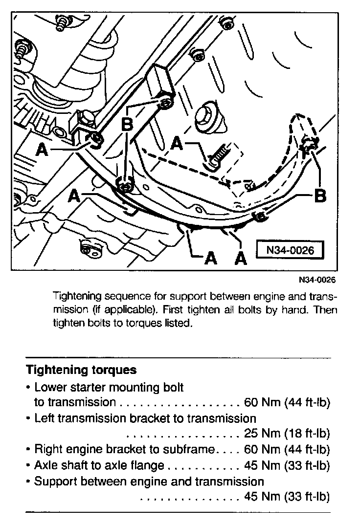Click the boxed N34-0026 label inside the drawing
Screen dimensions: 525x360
290,250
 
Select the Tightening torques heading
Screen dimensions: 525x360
81,370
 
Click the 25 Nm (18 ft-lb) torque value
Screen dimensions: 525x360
287,434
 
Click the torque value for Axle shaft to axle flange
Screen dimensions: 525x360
287,465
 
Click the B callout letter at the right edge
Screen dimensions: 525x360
319,197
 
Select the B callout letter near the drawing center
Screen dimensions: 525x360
127,125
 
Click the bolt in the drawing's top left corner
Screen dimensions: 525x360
62,23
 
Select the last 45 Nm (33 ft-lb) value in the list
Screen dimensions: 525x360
287,497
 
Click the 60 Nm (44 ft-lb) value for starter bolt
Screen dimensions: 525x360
287,403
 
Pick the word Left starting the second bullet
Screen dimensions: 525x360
43,418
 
